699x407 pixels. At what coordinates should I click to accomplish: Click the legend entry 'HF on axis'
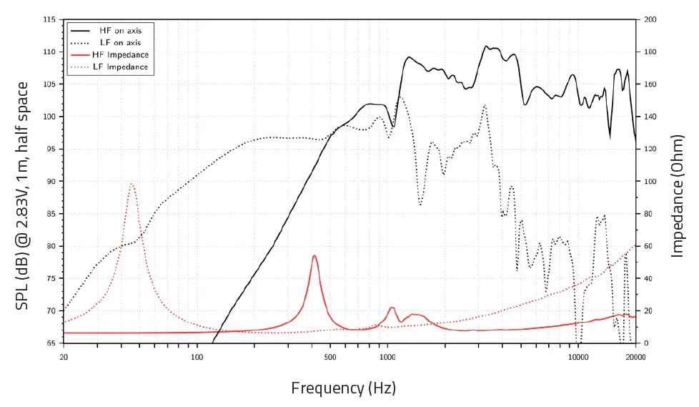(x=114, y=31)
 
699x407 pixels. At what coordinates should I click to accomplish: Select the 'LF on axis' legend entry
(x=114, y=43)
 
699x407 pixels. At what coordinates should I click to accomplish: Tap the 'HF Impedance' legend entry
(x=119, y=55)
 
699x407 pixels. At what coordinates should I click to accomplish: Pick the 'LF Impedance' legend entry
(x=119, y=67)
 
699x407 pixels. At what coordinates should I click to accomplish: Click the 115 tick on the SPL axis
(x=50, y=20)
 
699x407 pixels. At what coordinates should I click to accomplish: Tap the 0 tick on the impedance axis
(x=646, y=343)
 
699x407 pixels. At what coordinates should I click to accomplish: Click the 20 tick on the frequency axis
(x=64, y=355)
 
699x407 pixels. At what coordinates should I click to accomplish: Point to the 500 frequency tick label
(x=330, y=355)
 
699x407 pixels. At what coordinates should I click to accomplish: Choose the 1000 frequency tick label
(x=387, y=355)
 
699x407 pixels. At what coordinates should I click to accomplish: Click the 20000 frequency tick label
(x=635, y=355)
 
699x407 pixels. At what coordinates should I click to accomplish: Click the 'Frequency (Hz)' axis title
(x=343, y=388)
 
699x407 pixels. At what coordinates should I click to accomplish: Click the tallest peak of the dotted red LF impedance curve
(x=132, y=184)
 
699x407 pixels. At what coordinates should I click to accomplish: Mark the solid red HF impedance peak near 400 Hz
(x=314, y=255)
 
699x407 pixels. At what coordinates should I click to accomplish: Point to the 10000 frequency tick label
(x=577, y=355)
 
